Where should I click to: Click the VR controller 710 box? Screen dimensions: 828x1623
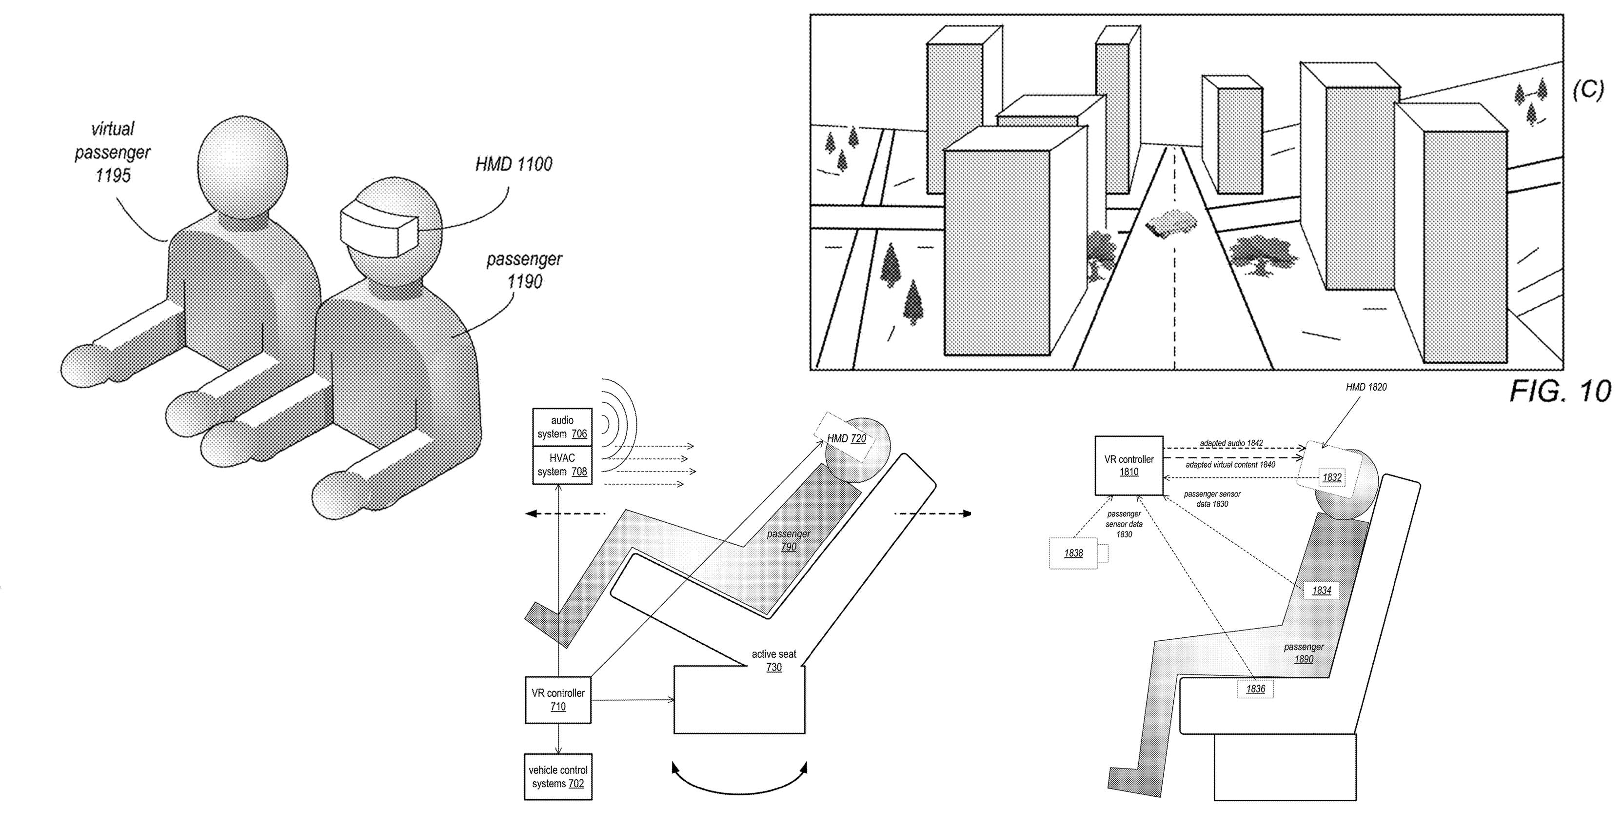coord(557,699)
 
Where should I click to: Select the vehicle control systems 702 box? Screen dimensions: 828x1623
coord(557,776)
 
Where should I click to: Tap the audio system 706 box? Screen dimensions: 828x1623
coord(562,427)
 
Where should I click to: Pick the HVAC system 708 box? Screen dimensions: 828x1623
coord(562,465)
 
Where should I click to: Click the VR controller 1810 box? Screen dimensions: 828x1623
coord(1128,465)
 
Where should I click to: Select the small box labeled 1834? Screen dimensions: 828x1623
coord(1321,591)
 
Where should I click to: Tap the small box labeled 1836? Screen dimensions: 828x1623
coord(1255,689)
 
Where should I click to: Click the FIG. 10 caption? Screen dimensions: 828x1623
coord(1560,391)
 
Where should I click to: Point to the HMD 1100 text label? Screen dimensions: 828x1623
coord(514,164)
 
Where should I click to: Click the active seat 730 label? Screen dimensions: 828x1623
coord(773,660)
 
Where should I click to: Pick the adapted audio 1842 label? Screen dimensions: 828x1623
coord(1230,444)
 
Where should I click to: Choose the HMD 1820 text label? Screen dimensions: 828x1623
coord(1366,387)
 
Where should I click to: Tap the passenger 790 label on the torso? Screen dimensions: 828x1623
coord(788,540)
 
